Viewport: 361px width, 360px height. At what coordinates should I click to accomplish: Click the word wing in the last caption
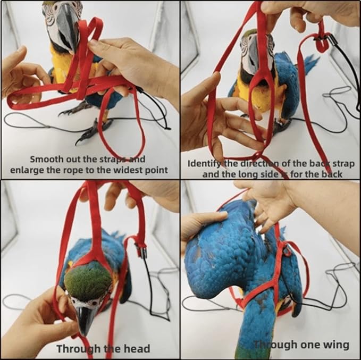point(338,345)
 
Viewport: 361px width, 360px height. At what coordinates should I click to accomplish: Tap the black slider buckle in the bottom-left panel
point(142,250)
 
